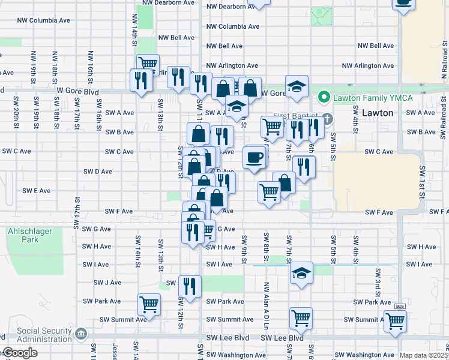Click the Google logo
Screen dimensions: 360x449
coord(20,353)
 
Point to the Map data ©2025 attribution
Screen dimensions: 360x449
coord(423,355)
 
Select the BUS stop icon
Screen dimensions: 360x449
coord(399,306)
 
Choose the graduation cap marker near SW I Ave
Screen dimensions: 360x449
coord(301,273)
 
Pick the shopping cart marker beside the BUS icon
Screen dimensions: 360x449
coord(396,321)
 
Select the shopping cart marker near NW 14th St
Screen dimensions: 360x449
coord(147,63)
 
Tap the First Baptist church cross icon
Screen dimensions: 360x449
coord(328,119)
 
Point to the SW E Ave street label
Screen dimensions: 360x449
coord(37,190)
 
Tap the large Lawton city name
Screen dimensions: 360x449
coord(378,113)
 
